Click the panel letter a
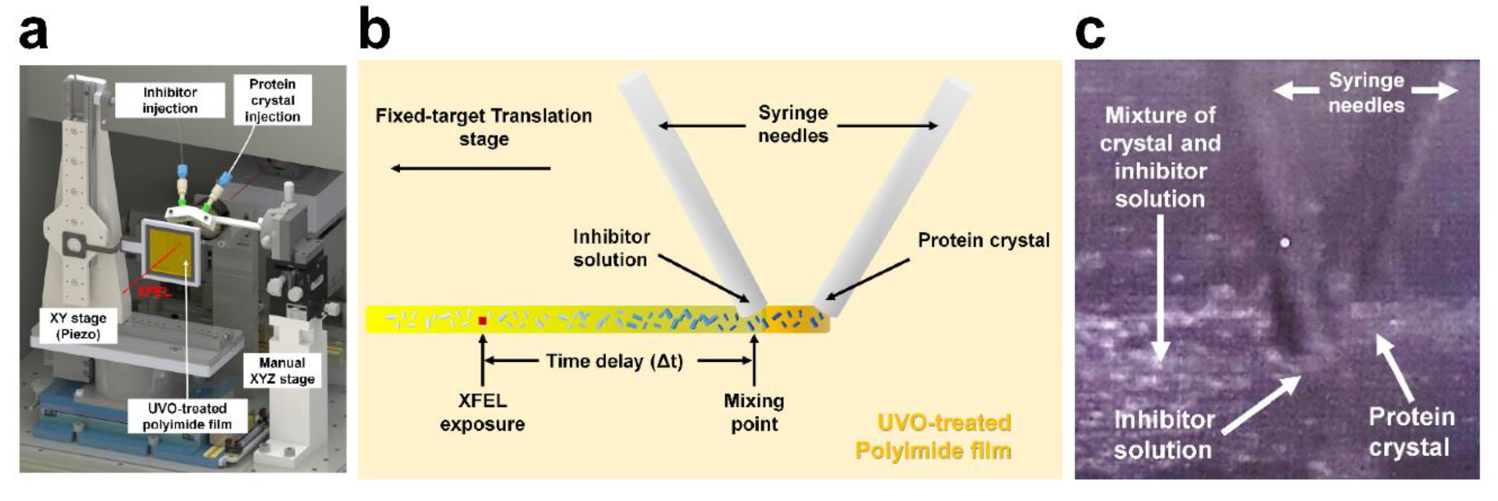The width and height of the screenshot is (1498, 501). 33,32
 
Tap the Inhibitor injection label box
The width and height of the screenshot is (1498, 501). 170,100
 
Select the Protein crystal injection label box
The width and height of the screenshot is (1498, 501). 272,100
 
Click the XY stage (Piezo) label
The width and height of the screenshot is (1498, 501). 78,326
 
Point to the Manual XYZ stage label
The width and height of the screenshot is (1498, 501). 282,371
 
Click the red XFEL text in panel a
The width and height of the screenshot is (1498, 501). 154,292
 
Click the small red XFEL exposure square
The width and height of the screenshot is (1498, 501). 482,321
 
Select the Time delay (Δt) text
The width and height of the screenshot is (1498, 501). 614,361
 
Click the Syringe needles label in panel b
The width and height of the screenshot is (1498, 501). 793,124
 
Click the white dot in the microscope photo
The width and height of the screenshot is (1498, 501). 1285,242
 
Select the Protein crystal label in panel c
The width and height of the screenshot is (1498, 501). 1411,432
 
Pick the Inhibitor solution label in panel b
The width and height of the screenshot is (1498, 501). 611,248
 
